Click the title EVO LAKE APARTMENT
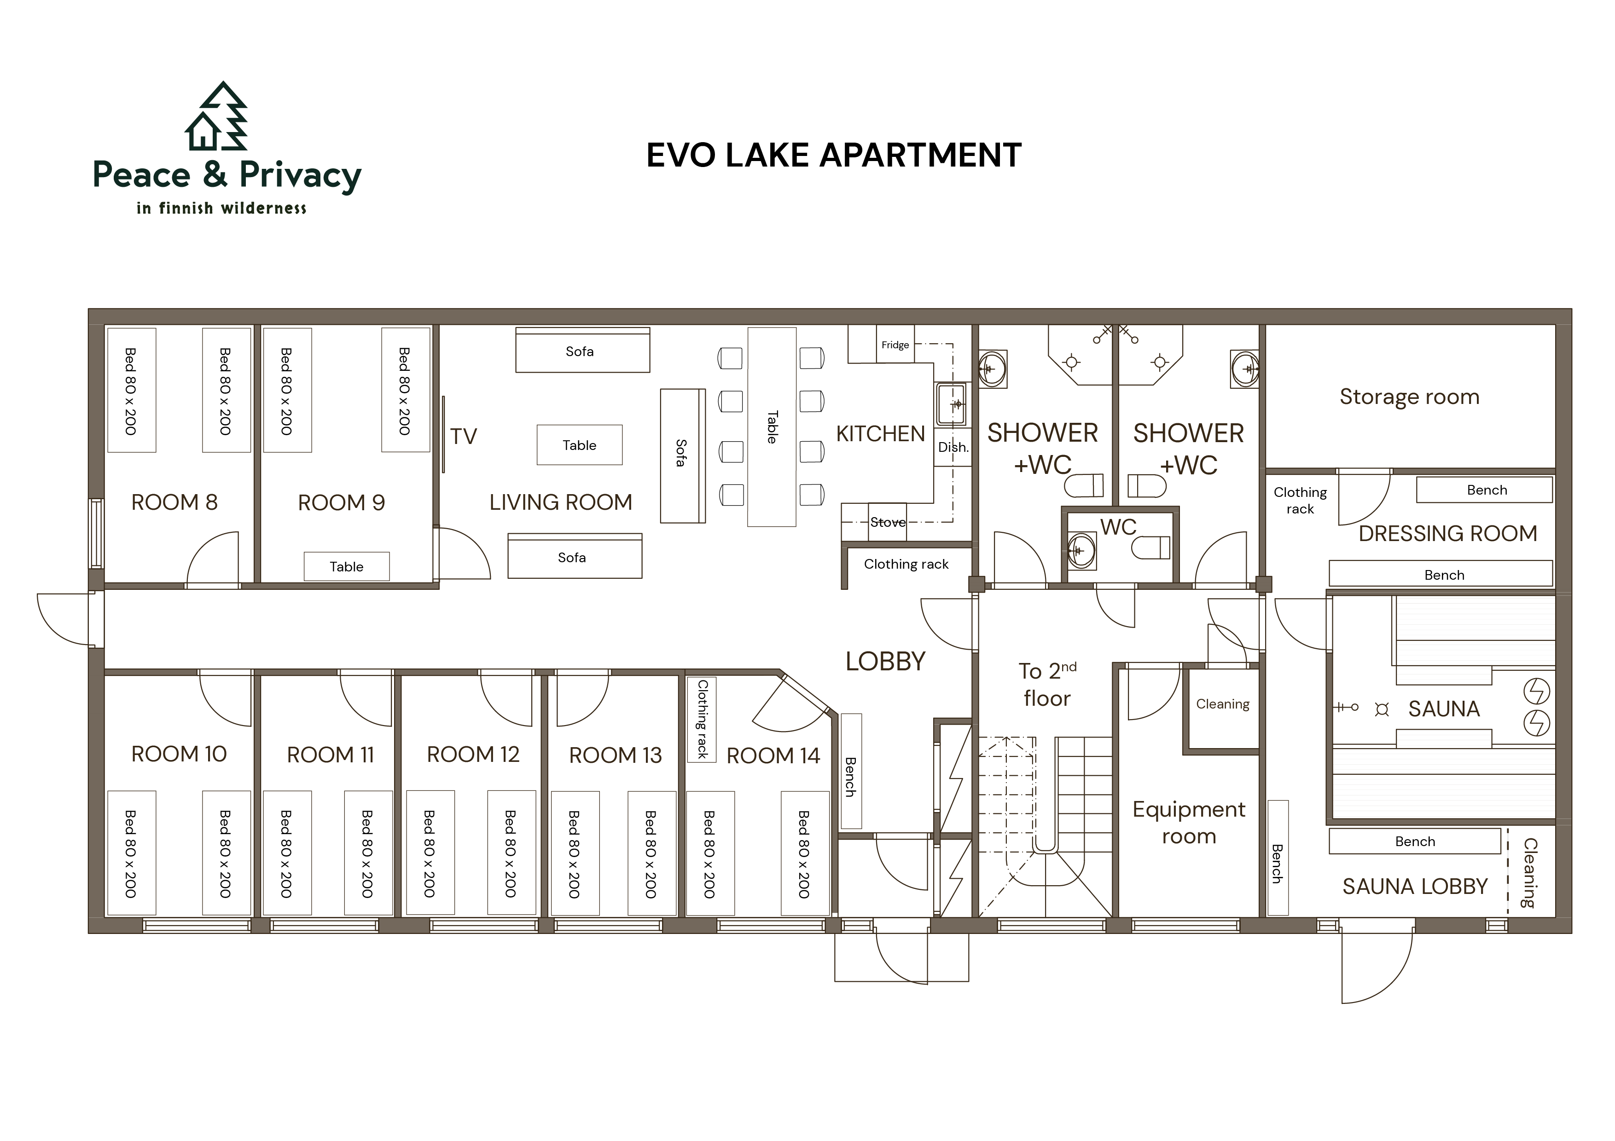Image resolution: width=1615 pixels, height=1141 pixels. tap(834, 156)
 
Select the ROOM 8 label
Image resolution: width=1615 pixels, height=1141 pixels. tap(174, 503)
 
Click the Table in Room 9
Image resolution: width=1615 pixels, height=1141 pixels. tap(347, 567)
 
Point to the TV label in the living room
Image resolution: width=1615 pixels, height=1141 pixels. tap(464, 437)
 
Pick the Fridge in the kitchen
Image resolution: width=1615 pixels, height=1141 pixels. tap(895, 345)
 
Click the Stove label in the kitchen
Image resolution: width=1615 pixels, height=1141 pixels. tap(888, 522)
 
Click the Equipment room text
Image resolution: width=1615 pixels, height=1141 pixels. tap(1189, 823)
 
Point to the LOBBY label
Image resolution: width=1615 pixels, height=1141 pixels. tap(886, 662)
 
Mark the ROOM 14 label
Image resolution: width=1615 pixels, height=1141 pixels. tap(773, 756)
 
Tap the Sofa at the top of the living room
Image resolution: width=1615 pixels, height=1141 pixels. tap(582, 350)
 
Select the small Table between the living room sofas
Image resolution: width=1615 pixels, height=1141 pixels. tap(580, 445)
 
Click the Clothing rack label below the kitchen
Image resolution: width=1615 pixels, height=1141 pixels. tap(906, 565)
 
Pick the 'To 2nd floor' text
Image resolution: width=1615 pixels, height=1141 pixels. tap(1047, 684)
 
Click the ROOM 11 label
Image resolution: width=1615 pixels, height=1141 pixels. tap(330, 755)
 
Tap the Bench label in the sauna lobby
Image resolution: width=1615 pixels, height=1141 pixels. tap(1415, 841)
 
